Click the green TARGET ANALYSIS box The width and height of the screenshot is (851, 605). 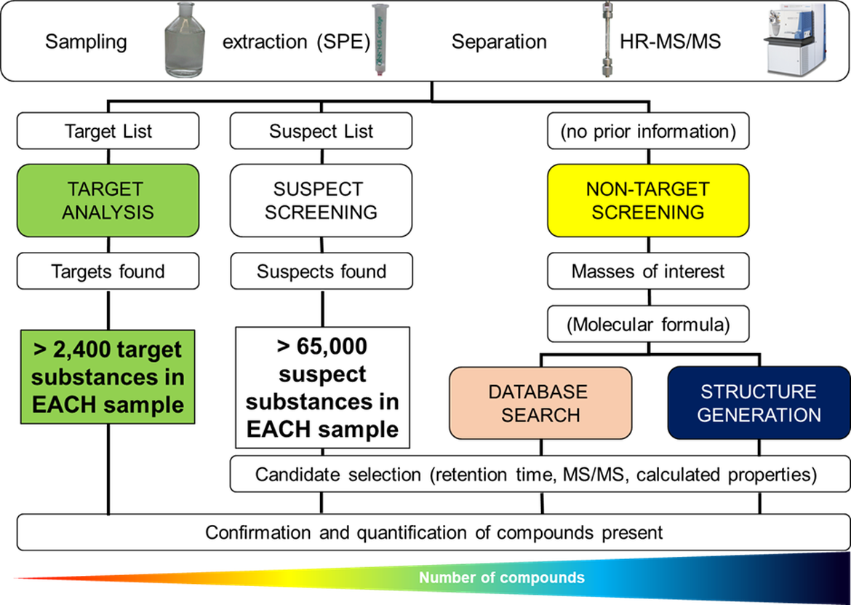pos(108,200)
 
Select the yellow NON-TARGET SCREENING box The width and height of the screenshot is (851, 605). pos(647,200)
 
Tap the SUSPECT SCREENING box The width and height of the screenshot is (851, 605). pos(321,200)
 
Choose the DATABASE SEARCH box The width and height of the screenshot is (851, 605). pos(540,403)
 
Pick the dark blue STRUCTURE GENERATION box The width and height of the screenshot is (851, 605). pos(758,403)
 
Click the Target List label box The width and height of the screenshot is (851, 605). pos(108,131)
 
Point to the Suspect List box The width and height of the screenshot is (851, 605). pos(321,131)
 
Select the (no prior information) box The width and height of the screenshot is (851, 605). pos(647,131)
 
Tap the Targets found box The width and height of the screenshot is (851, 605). pos(108,272)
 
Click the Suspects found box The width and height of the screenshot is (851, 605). pos(321,272)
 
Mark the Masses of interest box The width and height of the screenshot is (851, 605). pos(647,272)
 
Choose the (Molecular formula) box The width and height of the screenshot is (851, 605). pos(647,324)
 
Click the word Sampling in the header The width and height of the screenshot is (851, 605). pos(86,41)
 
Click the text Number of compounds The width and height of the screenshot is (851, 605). pos(501,578)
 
